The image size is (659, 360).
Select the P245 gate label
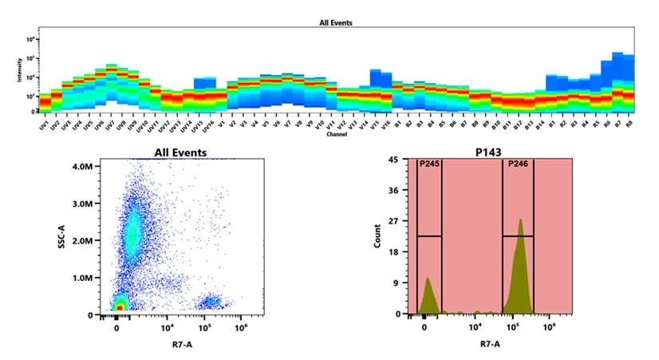[428, 165]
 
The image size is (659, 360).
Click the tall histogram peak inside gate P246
[520, 221]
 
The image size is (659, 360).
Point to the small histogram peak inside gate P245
[428, 279]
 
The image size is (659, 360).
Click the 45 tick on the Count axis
[393, 160]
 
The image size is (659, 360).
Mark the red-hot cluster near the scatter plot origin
[119, 306]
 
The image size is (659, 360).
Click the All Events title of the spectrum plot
[330, 23]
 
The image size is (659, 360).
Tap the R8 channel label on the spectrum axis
[629, 125]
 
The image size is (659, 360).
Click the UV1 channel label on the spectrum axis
[44, 125]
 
